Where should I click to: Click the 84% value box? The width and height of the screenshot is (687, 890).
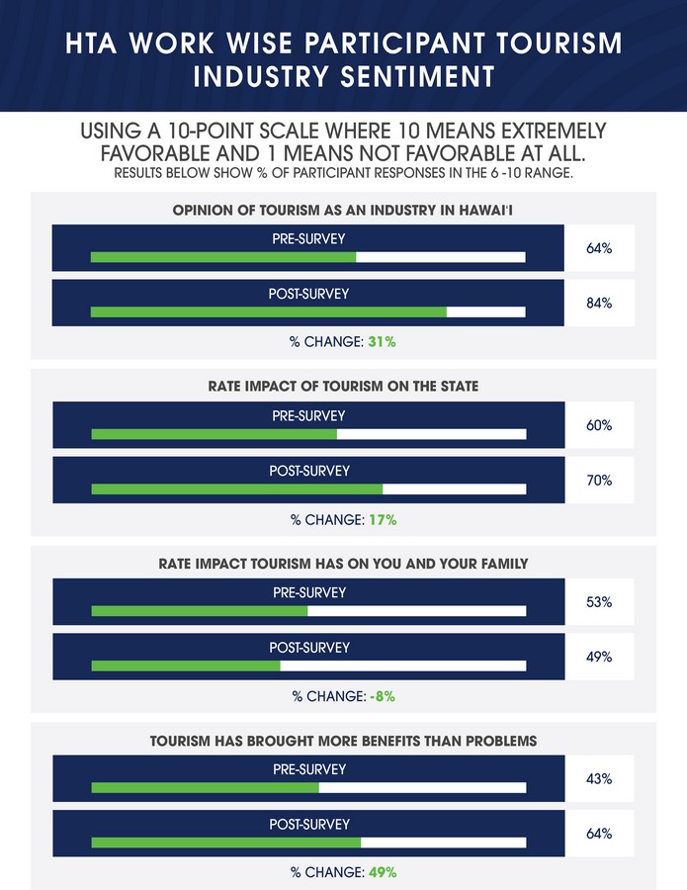coord(599,304)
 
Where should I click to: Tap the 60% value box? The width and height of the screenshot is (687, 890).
coord(599,425)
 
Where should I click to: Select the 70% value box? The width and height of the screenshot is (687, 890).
coord(599,481)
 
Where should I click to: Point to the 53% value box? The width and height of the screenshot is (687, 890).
coord(599,601)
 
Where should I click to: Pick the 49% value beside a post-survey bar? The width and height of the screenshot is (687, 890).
coord(599,657)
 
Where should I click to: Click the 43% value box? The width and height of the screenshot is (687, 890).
coord(599,779)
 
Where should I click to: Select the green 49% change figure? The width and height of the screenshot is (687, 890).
coord(385,873)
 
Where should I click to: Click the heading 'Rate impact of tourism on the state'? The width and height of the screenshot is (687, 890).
coord(308,386)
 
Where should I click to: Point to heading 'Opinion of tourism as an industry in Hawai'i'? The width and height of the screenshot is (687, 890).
coord(308,209)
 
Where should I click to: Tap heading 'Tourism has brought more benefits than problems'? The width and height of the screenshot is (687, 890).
coord(308,740)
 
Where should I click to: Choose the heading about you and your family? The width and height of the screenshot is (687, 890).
coord(308,563)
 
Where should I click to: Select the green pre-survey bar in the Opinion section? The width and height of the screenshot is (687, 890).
coord(222,257)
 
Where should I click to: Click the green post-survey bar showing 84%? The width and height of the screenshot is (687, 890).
coord(268,312)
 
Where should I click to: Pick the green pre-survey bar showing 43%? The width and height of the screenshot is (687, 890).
coord(205,788)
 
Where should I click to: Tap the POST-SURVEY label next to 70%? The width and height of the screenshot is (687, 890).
coord(308,471)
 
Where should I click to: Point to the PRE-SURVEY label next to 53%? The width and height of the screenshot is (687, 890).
coord(308,592)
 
